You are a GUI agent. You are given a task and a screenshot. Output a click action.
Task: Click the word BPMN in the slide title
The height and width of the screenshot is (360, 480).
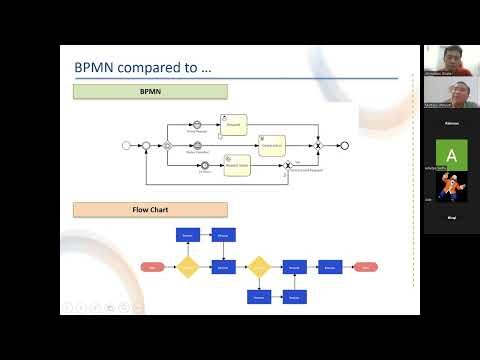(x=96, y=69)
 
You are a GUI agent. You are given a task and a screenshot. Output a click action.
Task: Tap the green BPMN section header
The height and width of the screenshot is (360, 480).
(x=150, y=92)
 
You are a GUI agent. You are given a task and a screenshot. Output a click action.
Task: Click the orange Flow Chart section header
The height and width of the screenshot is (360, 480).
(x=150, y=210)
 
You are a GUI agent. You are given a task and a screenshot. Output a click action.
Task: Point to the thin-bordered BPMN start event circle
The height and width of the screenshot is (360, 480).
(x=126, y=145)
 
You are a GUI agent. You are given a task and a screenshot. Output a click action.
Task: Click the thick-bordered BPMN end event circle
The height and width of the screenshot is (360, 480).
(x=344, y=145)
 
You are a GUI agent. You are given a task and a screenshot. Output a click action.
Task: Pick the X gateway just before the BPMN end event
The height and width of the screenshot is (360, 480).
(x=318, y=145)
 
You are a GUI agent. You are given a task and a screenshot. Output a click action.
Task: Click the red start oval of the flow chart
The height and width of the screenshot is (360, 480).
(x=152, y=268)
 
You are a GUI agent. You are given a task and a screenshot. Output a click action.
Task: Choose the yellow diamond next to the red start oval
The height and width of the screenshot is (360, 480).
(x=188, y=267)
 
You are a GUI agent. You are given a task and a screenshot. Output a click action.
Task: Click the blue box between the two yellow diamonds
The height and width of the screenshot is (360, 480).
(x=223, y=268)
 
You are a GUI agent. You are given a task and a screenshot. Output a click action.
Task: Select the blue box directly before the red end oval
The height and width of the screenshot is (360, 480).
(x=330, y=268)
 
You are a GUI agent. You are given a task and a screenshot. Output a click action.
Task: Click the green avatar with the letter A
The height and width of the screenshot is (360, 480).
(x=451, y=156)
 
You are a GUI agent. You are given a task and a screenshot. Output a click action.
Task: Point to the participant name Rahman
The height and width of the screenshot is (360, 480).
(x=451, y=123)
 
